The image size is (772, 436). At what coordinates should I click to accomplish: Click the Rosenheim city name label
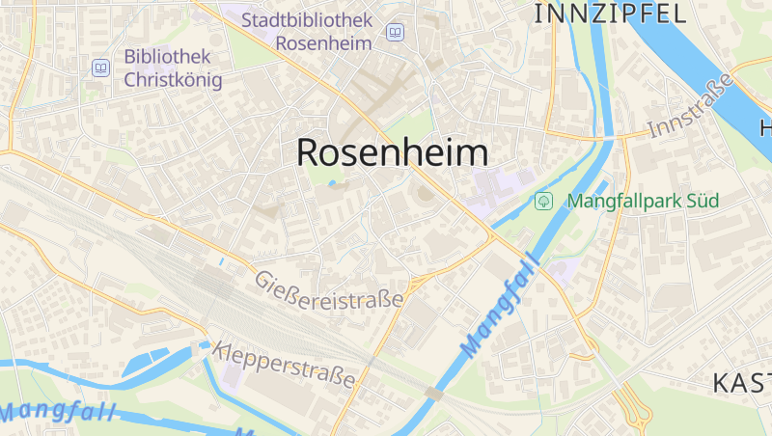(392, 152)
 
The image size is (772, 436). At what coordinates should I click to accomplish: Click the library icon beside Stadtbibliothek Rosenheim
(394, 33)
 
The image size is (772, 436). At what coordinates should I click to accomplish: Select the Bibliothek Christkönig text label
(173, 68)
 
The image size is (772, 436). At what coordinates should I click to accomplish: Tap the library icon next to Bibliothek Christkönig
(100, 68)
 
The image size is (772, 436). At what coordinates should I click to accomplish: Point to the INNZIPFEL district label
(610, 13)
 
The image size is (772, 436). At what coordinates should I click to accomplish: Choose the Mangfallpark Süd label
(643, 202)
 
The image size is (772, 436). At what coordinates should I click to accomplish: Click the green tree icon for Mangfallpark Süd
(543, 202)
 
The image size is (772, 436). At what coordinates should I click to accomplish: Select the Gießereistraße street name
(328, 290)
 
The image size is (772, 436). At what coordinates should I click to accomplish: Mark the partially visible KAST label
(741, 383)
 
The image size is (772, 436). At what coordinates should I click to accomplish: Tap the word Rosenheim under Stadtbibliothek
(323, 43)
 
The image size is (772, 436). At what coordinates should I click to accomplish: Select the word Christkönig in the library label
(173, 80)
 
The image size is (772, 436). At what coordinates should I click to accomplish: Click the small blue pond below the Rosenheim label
(333, 182)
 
